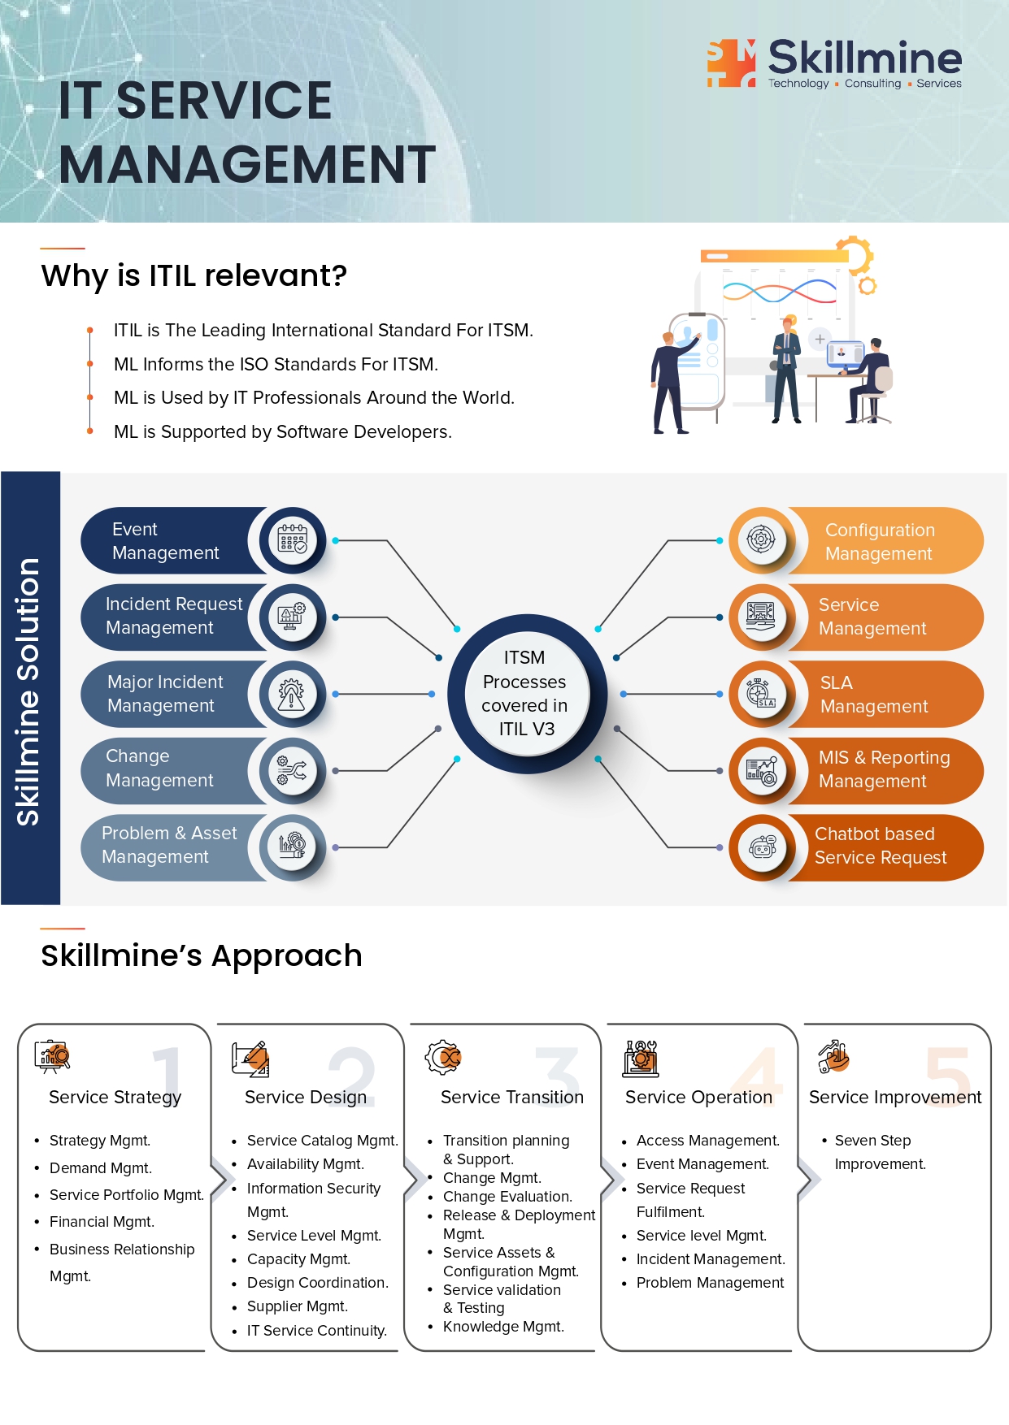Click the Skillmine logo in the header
[834, 63]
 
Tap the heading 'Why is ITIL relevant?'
[194, 276]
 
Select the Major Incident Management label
[165, 694]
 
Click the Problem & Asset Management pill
[170, 846]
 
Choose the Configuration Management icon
[761, 539]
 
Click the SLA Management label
[874, 695]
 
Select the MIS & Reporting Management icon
[762, 770]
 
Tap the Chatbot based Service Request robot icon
[762, 847]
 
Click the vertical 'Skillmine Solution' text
[29, 691]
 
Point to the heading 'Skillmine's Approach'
[202, 956]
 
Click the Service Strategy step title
[115, 1098]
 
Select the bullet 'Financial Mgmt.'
[102, 1222]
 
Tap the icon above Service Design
[250, 1059]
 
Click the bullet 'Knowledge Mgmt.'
[503, 1327]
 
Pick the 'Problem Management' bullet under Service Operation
[710, 1283]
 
